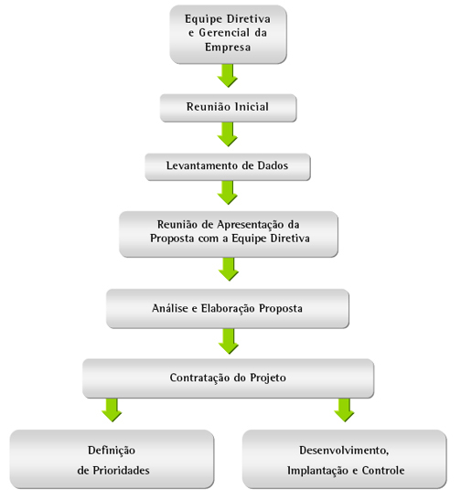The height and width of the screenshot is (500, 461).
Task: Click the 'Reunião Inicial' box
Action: pos(228,108)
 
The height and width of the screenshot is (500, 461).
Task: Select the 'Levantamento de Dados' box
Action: pos(228,166)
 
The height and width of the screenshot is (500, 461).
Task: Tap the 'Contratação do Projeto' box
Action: pos(228,378)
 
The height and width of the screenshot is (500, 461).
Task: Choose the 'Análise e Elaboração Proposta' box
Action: pos(228,308)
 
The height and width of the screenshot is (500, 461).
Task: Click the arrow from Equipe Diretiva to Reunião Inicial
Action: pos(228,76)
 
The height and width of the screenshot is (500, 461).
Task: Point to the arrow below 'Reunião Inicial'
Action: pos(228,134)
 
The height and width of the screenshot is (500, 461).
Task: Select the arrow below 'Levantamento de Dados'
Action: pos(228,193)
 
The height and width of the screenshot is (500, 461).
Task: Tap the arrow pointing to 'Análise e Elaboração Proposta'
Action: pos(229,269)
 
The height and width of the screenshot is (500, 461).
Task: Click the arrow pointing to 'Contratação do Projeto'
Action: pos(229,341)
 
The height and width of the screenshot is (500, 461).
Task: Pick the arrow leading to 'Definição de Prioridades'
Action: pos(112,410)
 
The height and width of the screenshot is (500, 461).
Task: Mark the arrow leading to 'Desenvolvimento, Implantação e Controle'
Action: pos(344,410)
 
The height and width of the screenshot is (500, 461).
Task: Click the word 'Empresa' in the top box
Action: pos(228,48)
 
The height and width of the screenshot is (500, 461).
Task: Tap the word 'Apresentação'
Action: pos(251,225)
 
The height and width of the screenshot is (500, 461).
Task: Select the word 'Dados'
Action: pos(273,165)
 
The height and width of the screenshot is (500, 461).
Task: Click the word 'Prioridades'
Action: pos(122,471)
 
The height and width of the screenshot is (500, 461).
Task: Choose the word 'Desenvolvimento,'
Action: pos(344,451)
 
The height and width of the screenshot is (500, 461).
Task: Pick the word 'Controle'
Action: pos(383,471)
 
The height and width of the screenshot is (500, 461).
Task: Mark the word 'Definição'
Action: pos(112,451)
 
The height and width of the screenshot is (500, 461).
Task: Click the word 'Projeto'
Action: pos(268,378)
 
